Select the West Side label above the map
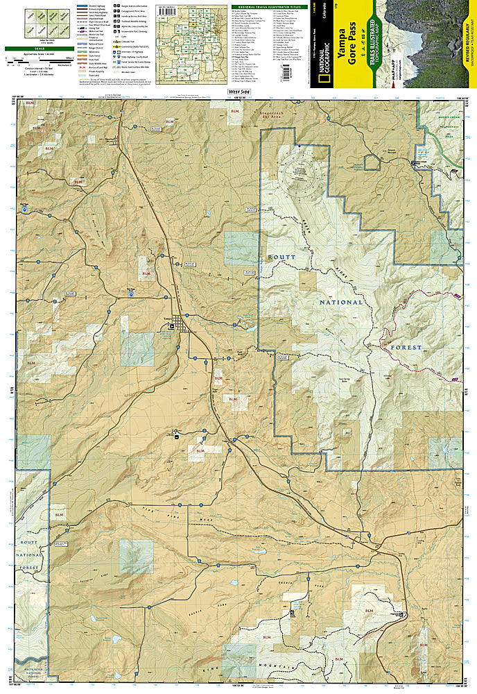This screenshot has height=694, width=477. pos(238,92)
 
